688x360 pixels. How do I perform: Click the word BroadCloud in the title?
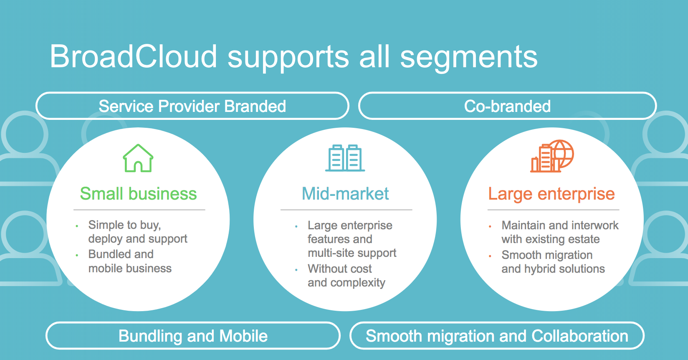(x=134, y=56)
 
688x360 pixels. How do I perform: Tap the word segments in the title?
(x=469, y=57)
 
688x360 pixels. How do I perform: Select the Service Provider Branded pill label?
(x=192, y=106)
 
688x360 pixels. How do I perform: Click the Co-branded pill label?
(x=507, y=106)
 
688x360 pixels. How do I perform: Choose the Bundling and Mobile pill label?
(x=193, y=336)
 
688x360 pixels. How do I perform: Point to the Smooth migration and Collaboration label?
(x=497, y=336)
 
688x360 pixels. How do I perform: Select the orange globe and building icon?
(x=552, y=156)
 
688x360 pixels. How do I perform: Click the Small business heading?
(x=138, y=194)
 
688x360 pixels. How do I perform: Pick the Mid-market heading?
(x=345, y=194)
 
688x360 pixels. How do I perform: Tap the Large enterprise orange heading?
(x=551, y=194)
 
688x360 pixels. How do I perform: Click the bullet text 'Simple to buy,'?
(x=124, y=225)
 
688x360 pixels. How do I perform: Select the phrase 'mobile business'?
(x=130, y=268)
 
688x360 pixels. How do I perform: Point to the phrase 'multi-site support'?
(x=352, y=253)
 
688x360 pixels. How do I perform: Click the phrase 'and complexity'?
(x=347, y=283)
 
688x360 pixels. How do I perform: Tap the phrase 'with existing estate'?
(x=551, y=239)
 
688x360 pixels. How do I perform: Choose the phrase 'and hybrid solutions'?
(x=553, y=269)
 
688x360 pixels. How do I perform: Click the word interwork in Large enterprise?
(x=595, y=225)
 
